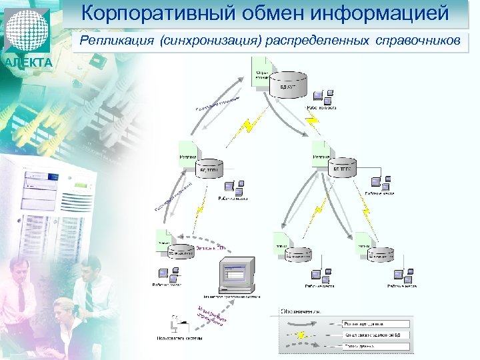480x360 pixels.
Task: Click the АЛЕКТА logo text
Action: point(27,63)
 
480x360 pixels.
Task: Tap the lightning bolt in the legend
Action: point(302,334)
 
